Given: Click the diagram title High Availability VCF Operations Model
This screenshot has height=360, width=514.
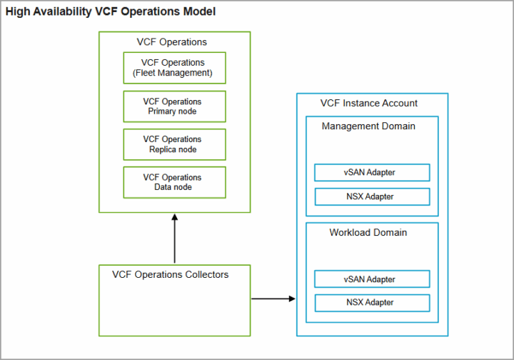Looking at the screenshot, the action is point(111,11).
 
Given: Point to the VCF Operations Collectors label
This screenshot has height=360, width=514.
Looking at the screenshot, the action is point(170,274).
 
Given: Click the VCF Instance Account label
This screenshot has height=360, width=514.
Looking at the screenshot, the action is point(369,104).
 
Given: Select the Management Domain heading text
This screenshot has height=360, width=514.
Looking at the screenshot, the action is point(368,126).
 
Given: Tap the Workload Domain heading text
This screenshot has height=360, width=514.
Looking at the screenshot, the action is point(368,232).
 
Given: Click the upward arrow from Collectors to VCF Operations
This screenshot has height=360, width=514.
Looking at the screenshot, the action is point(174,239).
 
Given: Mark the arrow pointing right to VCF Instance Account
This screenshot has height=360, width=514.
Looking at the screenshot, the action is point(273,299).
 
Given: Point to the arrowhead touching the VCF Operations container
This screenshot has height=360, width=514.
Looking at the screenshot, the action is point(174,217).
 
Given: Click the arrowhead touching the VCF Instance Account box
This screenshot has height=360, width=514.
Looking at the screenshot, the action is point(292,299).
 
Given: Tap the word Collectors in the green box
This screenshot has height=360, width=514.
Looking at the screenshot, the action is point(206,274).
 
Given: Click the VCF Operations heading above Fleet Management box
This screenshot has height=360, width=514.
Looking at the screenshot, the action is point(172,42).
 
